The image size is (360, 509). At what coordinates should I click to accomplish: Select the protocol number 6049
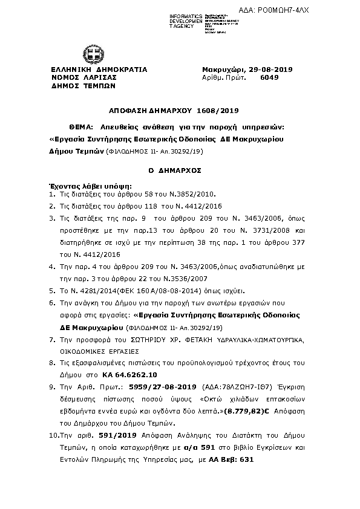269,78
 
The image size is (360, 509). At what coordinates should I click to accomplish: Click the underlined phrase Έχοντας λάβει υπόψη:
89,186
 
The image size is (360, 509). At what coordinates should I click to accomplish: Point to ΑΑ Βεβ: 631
229,459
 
